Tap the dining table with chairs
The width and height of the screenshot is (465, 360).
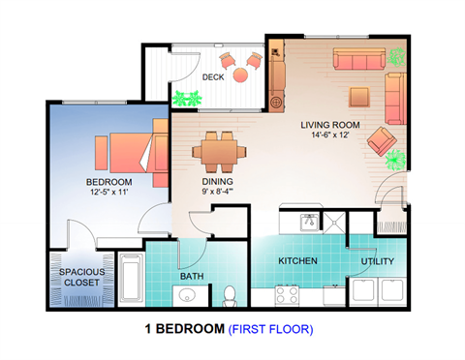[218, 151]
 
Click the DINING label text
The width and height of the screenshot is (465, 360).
[216, 181]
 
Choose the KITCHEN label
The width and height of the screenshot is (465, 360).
[298, 261]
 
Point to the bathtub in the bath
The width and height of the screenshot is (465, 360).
[130, 279]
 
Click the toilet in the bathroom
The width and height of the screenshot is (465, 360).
[231, 295]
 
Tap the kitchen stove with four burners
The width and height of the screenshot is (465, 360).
[288, 294]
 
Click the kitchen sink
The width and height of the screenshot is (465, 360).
[308, 222]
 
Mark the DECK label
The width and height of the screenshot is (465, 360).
[213, 77]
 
